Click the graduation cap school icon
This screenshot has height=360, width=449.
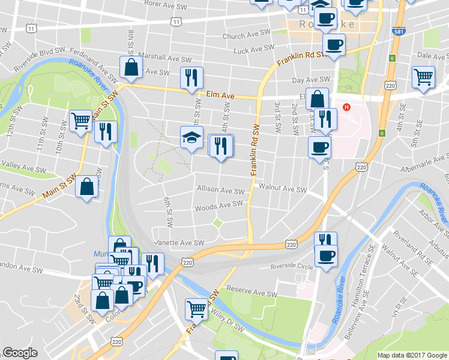(x=192, y=137)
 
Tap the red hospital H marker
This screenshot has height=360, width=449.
(x=346, y=107)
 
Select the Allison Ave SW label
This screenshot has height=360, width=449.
(x=221, y=190)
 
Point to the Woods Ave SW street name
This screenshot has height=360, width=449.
(x=218, y=206)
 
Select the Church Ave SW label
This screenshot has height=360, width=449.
(x=242, y=36)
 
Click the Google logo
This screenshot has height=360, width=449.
(x=20, y=353)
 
